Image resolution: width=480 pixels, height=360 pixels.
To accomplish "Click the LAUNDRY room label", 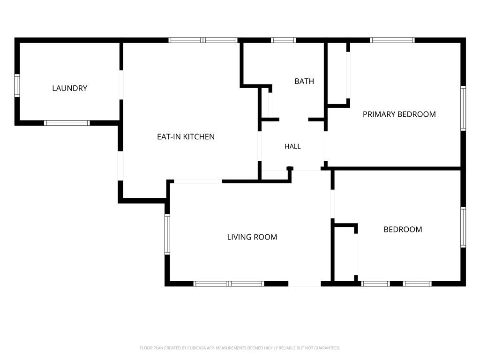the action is pos(69,88).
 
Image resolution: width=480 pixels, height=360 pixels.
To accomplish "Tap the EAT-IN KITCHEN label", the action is pos(186,136).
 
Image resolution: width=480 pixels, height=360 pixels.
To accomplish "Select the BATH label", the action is pos(304,81).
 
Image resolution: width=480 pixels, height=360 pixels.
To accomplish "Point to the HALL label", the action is pos(292,146).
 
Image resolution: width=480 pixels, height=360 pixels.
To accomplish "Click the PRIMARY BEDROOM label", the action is pos(399,114).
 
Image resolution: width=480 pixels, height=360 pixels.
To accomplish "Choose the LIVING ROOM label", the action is pos(252,237).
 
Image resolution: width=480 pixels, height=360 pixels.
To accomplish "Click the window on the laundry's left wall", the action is pos(17,86).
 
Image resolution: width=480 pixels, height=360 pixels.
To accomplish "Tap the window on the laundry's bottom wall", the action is pos(67,123).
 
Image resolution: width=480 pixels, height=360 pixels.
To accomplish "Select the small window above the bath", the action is pos(283,40).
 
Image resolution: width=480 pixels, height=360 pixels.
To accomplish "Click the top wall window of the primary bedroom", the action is pos(392,40).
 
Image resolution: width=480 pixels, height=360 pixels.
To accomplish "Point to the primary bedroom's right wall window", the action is pos(463,108).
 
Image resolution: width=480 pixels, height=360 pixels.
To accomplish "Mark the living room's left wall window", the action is pos(167,234).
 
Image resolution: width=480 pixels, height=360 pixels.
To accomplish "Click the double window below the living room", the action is pos(229,284).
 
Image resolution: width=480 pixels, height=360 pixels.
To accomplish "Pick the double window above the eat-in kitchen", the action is pos(203,40).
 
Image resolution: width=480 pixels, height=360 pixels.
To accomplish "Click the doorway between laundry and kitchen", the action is pos(121,85).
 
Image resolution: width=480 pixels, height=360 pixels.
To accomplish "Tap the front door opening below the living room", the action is pos(305,284).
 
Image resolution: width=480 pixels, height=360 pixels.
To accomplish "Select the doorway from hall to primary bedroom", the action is pos(325,146).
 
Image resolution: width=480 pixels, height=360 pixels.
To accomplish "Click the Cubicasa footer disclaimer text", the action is pos(240,348).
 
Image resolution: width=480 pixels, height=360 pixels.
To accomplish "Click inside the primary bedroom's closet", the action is pos(337,74).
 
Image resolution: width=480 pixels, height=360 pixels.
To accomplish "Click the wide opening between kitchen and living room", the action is pos(198,181).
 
